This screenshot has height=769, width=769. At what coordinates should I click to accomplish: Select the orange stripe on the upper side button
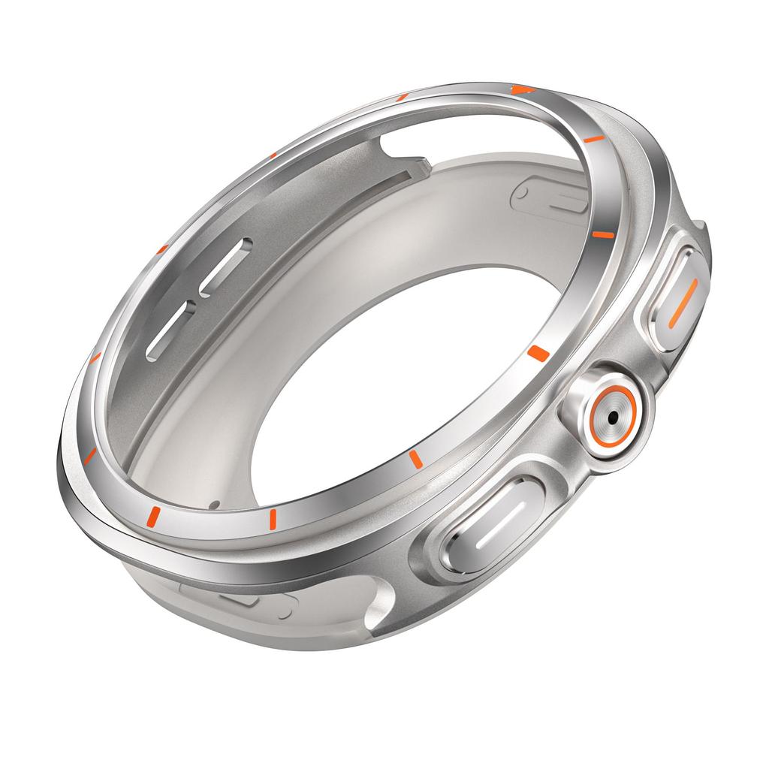(x=681, y=303)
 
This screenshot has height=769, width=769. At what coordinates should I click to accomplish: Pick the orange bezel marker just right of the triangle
(x=593, y=139)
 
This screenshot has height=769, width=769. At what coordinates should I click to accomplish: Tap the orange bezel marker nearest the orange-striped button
(x=601, y=234)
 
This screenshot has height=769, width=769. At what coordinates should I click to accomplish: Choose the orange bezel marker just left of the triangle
(x=402, y=97)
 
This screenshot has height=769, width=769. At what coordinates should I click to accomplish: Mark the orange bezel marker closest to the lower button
(x=414, y=458)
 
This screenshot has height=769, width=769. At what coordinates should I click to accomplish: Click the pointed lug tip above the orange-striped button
(x=702, y=225)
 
